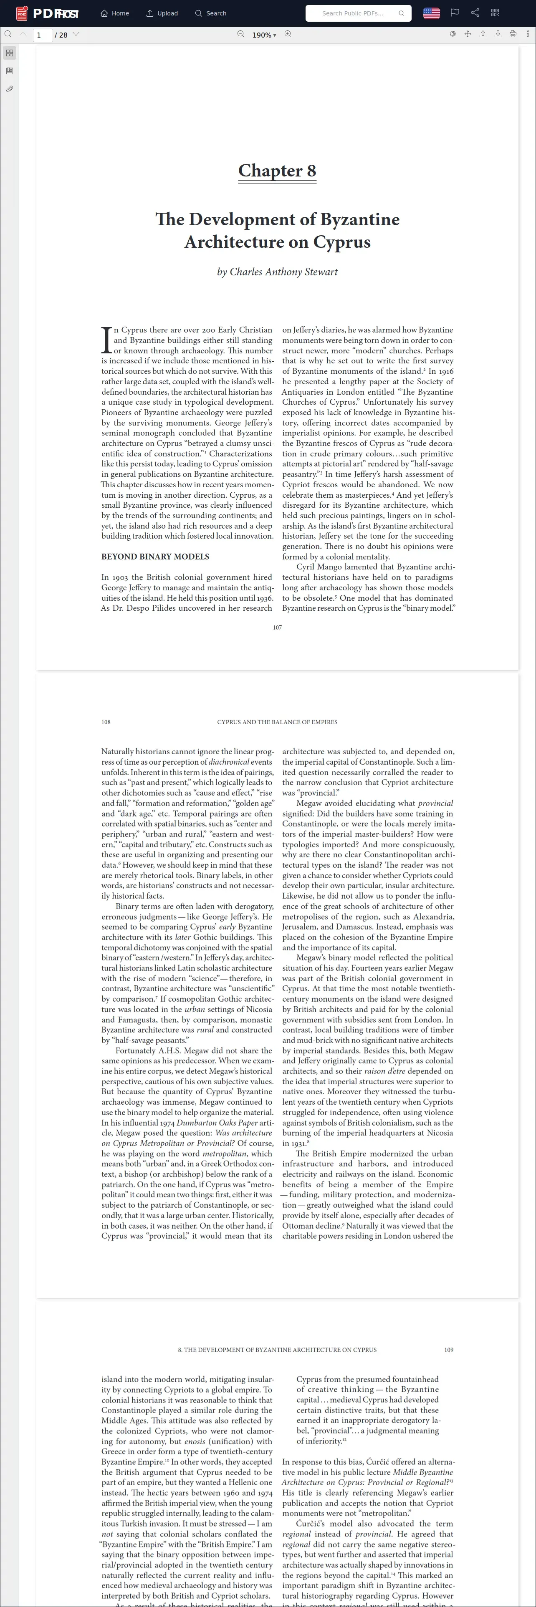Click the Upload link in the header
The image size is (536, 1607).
pos(162,13)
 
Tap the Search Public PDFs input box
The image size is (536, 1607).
pos(353,13)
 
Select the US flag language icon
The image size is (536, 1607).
pos(431,13)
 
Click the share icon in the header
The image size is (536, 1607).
pos(475,13)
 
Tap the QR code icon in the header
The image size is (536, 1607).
pos(495,13)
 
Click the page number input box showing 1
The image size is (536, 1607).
pos(43,35)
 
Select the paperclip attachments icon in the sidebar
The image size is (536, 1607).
pos(9,89)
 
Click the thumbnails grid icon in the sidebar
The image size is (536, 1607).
pos(9,53)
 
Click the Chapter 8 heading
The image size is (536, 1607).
pos(277,171)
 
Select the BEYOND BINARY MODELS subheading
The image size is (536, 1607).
pos(155,557)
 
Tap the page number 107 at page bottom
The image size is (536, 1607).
pos(277,627)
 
